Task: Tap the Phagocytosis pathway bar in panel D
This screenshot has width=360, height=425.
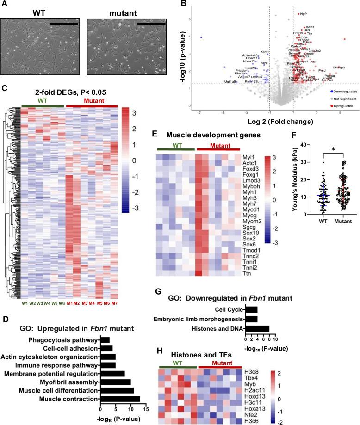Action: (x=105, y=327)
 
